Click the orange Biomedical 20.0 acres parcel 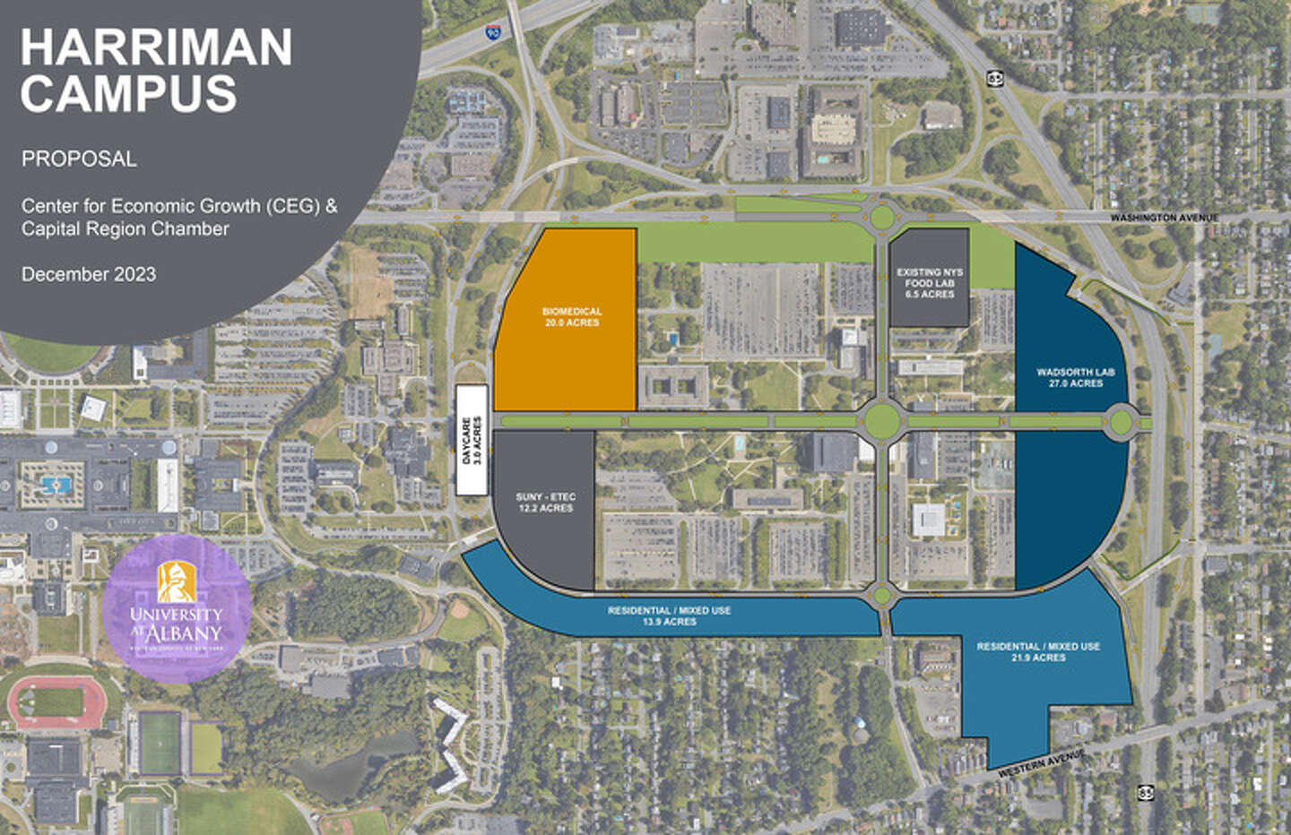click(x=571, y=317)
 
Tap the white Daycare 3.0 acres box click(x=471, y=440)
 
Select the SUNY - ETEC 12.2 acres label click(x=545, y=503)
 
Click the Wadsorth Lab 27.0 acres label click(x=1070, y=377)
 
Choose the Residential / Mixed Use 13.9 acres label click(x=669, y=615)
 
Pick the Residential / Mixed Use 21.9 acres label click(x=1038, y=651)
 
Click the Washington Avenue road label click(x=1164, y=218)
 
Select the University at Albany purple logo click(x=177, y=610)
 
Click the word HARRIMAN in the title click(x=156, y=47)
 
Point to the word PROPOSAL click(x=79, y=159)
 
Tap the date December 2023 click(x=89, y=274)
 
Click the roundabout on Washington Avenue click(x=881, y=216)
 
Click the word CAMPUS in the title click(x=129, y=93)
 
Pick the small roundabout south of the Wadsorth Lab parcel click(x=883, y=593)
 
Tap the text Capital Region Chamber click(x=126, y=228)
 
